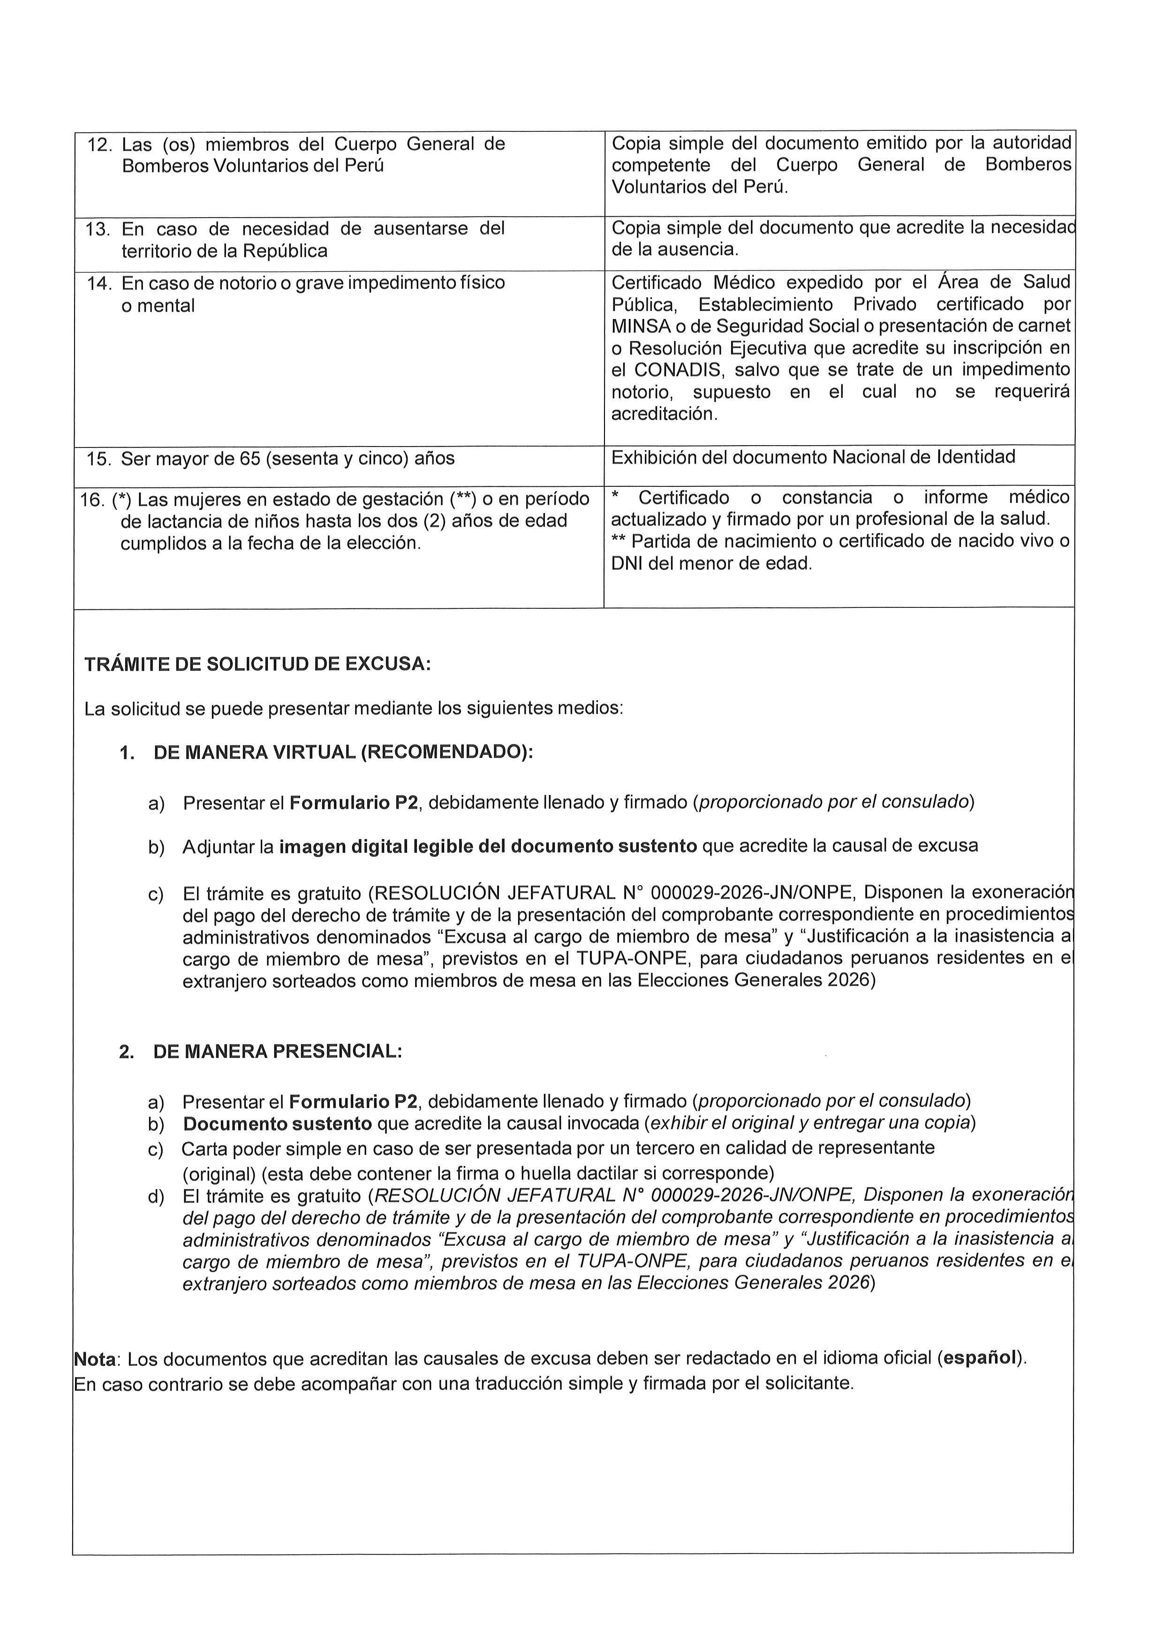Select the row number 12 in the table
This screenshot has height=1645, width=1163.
point(99,144)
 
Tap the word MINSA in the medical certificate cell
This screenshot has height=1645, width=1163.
point(640,326)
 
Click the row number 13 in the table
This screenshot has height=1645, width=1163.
point(98,229)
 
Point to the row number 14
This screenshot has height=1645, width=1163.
point(99,283)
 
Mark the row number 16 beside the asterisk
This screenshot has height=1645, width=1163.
point(91,500)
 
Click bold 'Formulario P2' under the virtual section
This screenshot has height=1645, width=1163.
point(353,803)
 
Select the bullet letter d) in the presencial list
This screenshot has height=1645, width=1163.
point(156,1197)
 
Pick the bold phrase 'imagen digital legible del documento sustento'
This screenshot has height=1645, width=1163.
point(488,846)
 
